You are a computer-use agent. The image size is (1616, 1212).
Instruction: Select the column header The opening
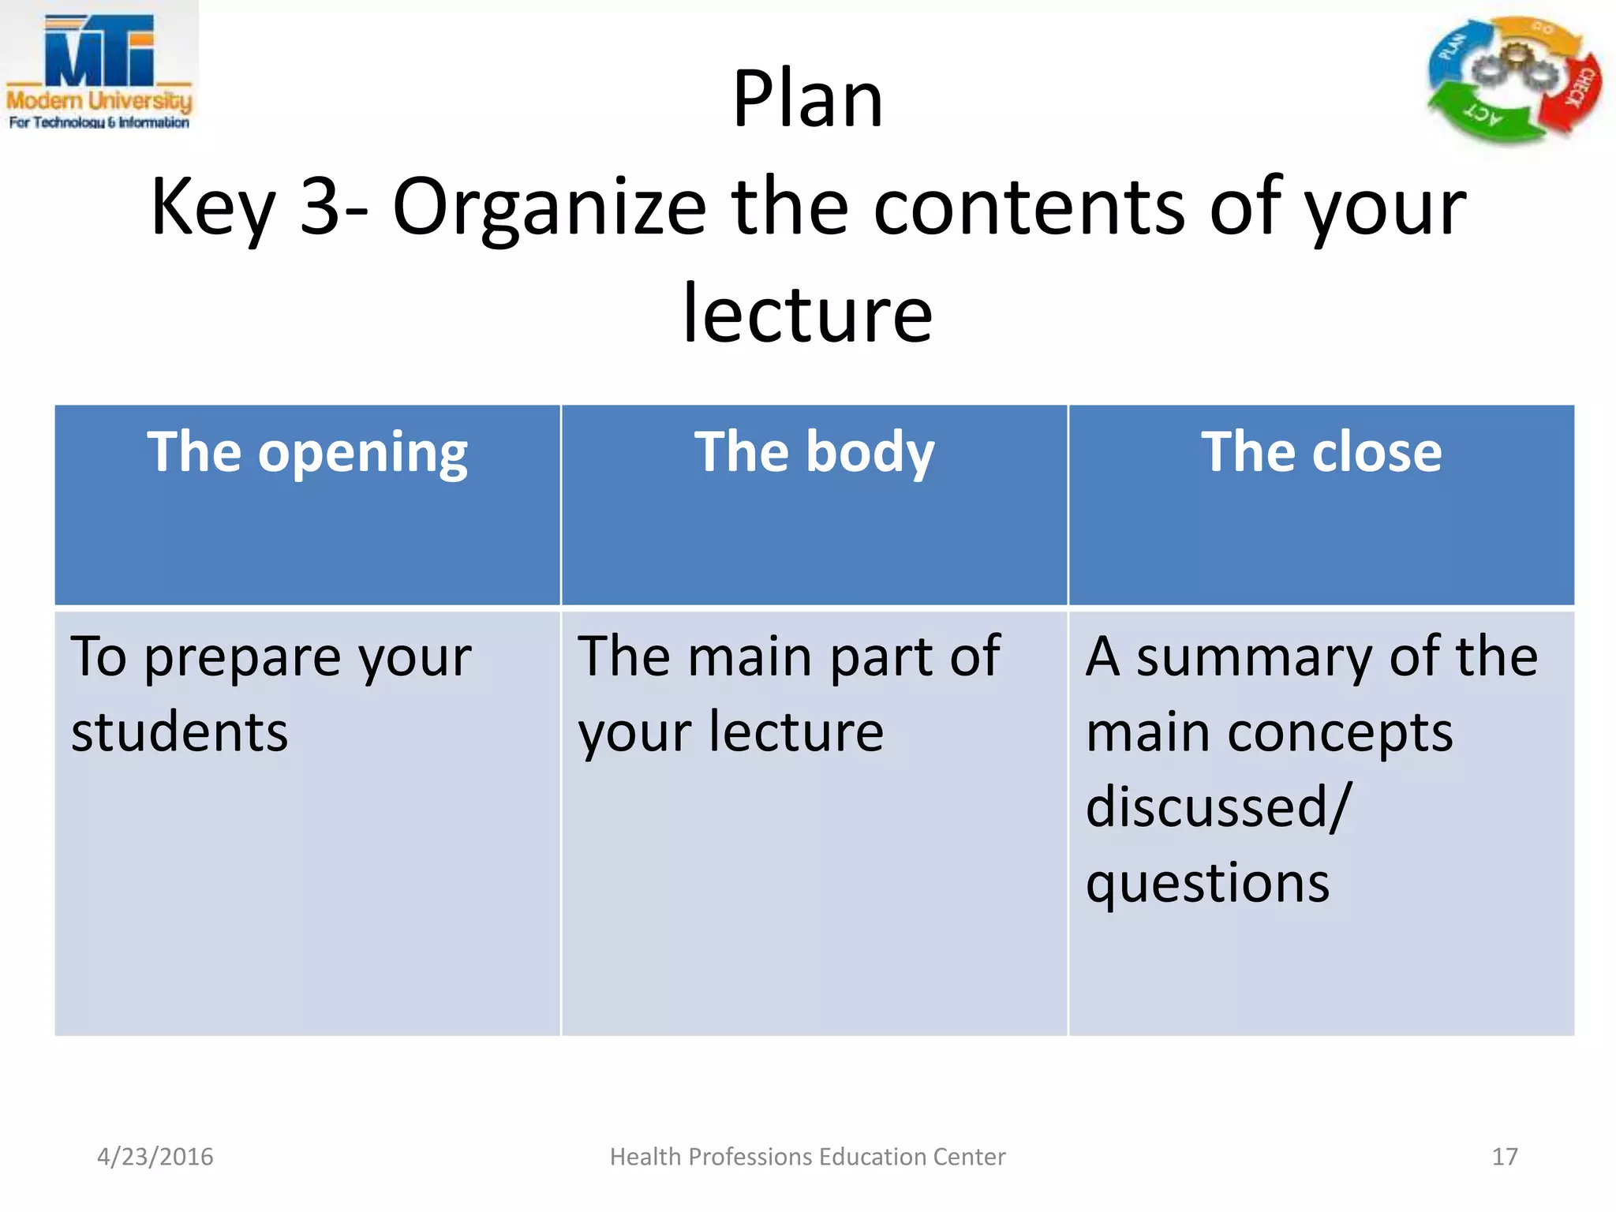tap(307, 453)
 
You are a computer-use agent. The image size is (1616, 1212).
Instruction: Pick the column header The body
tap(814, 453)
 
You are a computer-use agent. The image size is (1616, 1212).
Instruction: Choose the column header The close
tap(1321, 453)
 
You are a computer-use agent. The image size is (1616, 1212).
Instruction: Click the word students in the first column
tap(180, 732)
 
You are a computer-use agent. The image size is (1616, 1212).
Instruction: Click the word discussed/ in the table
tap(1218, 807)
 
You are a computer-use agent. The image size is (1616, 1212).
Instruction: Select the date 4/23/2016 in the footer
tap(155, 1157)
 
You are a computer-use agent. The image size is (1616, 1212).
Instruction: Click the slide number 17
tap(1504, 1157)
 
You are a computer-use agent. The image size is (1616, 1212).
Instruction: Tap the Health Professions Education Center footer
tap(807, 1157)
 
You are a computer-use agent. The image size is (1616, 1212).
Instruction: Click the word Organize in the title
tap(549, 207)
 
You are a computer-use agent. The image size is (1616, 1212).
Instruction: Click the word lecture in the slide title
tap(807, 315)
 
